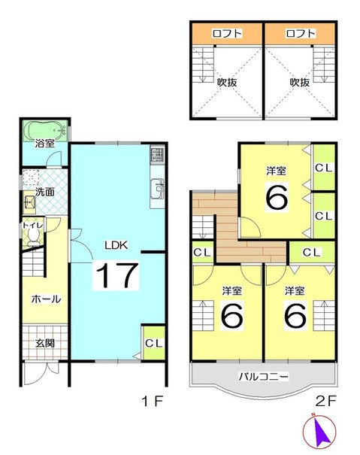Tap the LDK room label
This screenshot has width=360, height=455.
[116, 245]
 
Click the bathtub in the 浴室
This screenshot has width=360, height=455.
[46, 129]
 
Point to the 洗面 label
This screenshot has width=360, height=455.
[46, 192]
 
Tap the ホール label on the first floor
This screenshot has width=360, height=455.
[46, 299]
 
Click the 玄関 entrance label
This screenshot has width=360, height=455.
[45, 342]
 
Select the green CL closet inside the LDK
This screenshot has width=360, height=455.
[153, 343]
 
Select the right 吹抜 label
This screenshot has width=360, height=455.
[300, 81]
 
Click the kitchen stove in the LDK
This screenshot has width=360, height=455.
[157, 156]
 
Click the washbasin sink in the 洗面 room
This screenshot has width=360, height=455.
[30, 201]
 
